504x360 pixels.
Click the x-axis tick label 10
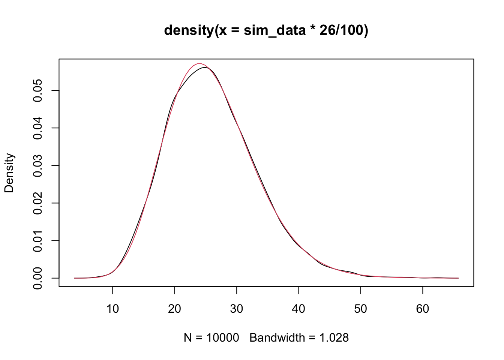pyautogui.click(x=112, y=309)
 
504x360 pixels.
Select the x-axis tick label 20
pyautogui.click(x=175, y=309)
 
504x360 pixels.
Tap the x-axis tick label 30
pyautogui.click(x=237, y=309)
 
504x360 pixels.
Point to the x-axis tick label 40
pyautogui.click(x=298, y=309)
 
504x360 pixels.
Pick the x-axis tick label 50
pyautogui.click(x=361, y=309)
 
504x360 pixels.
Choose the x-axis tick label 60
pyautogui.click(x=423, y=309)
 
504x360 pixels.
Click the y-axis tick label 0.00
pyautogui.click(x=38, y=278)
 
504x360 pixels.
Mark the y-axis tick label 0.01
pyautogui.click(x=38, y=240)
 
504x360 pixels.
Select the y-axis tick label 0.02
pyautogui.click(x=38, y=203)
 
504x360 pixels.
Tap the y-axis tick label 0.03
pyautogui.click(x=38, y=165)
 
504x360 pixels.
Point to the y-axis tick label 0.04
pyautogui.click(x=38, y=128)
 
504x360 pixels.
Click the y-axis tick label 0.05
pyautogui.click(x=38, y=90)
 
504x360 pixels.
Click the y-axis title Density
pyautogui.click(x=9, y=173)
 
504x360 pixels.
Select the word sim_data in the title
pyautogui.click(x=274, y=30)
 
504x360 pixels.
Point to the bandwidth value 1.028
pyautogui.click(x=334, y=338)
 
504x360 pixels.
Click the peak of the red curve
pyautogui.click(x=199, y=63)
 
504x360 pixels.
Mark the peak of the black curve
pyautogui.click(x=205, y=67)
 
